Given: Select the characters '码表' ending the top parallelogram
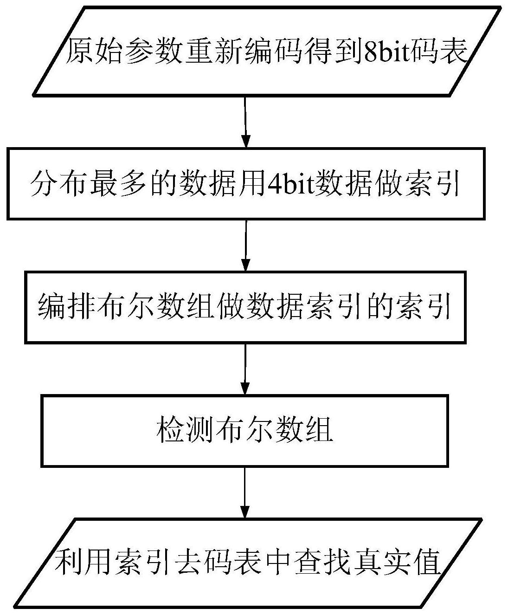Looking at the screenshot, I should click(445, 52).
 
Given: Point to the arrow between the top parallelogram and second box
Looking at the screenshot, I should click(246, 122).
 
